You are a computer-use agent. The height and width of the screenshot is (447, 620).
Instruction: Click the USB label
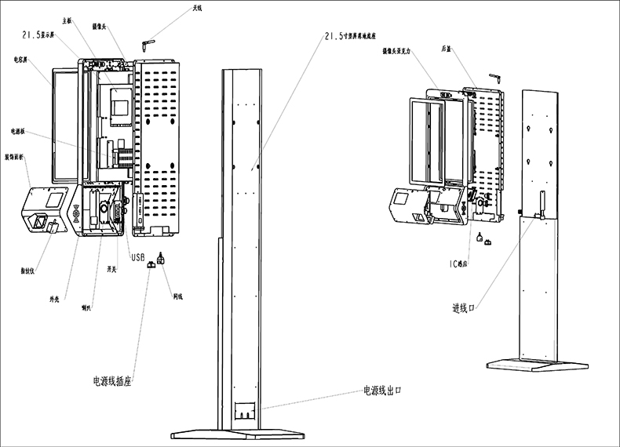pyautogui.click(x=137, y=257)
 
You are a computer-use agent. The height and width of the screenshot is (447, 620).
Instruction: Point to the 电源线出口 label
pyautogui.click(x=387, y=390)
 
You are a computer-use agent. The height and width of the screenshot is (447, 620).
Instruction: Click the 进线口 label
pyautogui.click(x=465, y=307)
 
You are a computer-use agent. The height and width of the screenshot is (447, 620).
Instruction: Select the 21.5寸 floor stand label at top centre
pyautogui.click(x=352, y=35)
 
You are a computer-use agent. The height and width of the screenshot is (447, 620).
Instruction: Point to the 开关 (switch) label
pyautogui.click(x=112, y=268)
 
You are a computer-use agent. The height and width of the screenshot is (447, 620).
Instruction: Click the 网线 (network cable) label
pyautogui.click(x=178, y=296)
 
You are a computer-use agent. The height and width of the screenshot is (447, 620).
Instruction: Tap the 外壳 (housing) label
pyautogui.click(x=55, y=300)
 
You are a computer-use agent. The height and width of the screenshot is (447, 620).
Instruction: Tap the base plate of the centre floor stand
pyautogui.click(x=237, y=434)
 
